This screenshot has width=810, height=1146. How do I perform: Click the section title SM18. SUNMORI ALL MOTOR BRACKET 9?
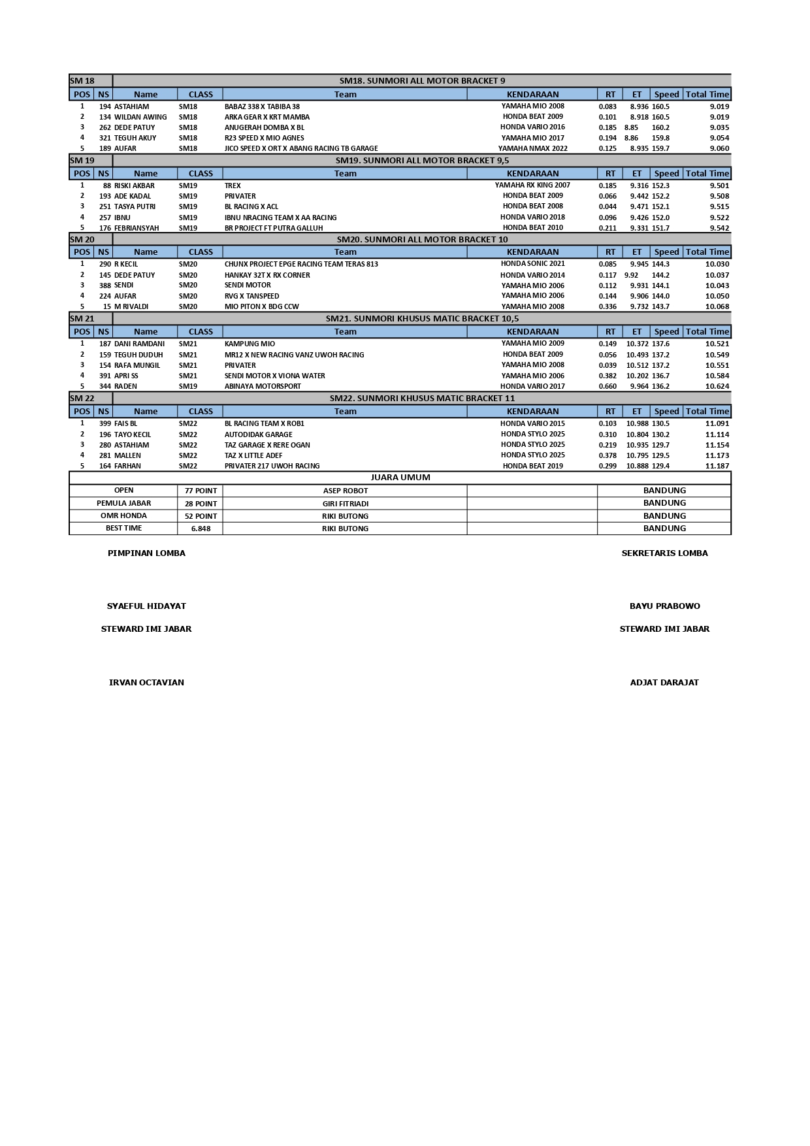pos(422,81)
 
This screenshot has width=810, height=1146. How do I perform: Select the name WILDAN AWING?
pos(140,117)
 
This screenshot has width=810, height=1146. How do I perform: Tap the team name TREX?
pos(233,186)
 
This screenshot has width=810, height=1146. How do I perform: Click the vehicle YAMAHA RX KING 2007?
pos(532,185)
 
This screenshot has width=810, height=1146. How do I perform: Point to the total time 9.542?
pos(719,228)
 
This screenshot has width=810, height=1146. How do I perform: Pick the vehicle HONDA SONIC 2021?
pos(532,264)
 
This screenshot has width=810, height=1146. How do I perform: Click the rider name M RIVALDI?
pos(131,306)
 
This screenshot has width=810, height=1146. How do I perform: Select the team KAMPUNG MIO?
pos(250,344)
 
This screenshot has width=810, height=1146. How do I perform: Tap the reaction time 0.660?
pos(607,386)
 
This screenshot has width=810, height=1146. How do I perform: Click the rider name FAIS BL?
pos(126,423)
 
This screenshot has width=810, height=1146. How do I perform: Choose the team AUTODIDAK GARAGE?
pos(258,434)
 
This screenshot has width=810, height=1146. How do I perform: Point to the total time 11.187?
pos(717,466)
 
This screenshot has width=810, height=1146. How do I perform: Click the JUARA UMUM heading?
pos(400,478)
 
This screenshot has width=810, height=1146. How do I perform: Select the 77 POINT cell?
pos(201,491)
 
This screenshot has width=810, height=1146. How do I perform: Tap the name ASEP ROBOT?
pos(345,491)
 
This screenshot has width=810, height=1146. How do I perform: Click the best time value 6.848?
pos(201,529)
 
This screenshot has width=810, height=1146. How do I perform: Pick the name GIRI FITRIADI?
pos(345,504)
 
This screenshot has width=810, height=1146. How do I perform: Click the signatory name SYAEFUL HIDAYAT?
pos(146,606)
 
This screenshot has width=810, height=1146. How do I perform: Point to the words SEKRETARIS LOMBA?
pos(664,553)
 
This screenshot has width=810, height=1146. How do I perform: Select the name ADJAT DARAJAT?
pos(664,683)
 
